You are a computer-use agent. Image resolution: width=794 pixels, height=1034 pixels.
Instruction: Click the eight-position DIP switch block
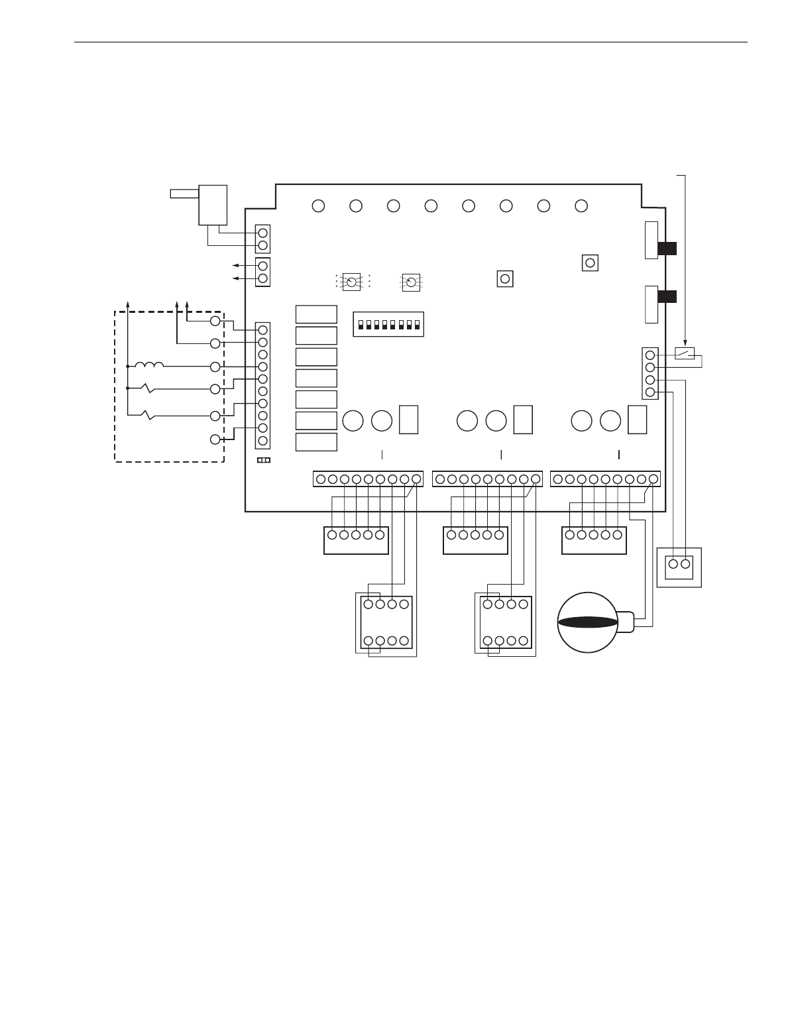(388, 325)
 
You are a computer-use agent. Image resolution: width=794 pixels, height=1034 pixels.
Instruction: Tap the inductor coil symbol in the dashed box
(149, 365)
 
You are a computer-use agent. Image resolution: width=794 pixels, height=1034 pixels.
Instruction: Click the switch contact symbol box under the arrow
(684, 353)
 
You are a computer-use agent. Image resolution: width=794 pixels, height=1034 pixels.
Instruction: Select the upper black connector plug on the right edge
(667, 249)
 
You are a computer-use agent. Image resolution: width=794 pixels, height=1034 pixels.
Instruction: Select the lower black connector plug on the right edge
(667, 296)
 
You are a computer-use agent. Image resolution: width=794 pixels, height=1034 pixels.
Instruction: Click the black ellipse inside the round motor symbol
(588, 622)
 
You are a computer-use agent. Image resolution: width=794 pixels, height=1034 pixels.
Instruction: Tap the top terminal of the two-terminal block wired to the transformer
(262, 233)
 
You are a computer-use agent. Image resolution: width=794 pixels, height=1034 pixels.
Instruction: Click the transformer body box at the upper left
(213, 205)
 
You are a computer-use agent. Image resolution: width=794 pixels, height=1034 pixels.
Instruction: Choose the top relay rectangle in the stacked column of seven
(316, 314)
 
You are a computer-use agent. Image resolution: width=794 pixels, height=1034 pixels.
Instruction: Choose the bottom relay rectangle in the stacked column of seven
(316, 443)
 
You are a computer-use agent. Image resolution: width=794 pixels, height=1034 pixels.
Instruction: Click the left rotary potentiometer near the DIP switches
(352, 282)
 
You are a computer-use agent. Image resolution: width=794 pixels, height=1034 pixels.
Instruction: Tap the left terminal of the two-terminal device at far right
(673, 565)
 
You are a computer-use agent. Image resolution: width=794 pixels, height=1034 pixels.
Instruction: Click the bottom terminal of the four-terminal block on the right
(650, 392)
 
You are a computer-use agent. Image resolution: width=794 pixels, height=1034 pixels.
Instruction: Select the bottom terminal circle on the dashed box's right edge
(215, 439)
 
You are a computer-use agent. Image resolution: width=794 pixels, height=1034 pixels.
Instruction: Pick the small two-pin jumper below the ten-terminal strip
(263, 460)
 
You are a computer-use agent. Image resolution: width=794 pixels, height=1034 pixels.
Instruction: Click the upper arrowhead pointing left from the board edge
(234, 266)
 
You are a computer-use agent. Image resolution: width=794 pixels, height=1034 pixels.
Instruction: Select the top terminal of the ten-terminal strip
(262, 329)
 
